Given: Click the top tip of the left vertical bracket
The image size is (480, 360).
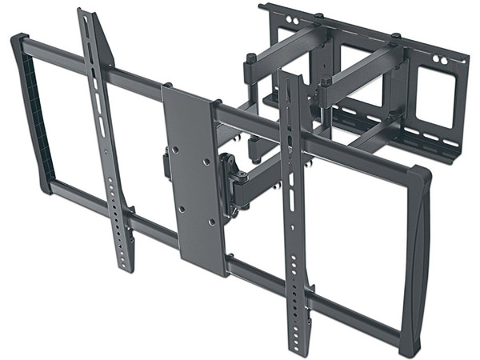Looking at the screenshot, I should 85,14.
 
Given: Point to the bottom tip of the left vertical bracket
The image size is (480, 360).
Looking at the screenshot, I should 126,267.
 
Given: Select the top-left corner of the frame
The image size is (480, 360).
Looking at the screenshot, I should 20,40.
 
